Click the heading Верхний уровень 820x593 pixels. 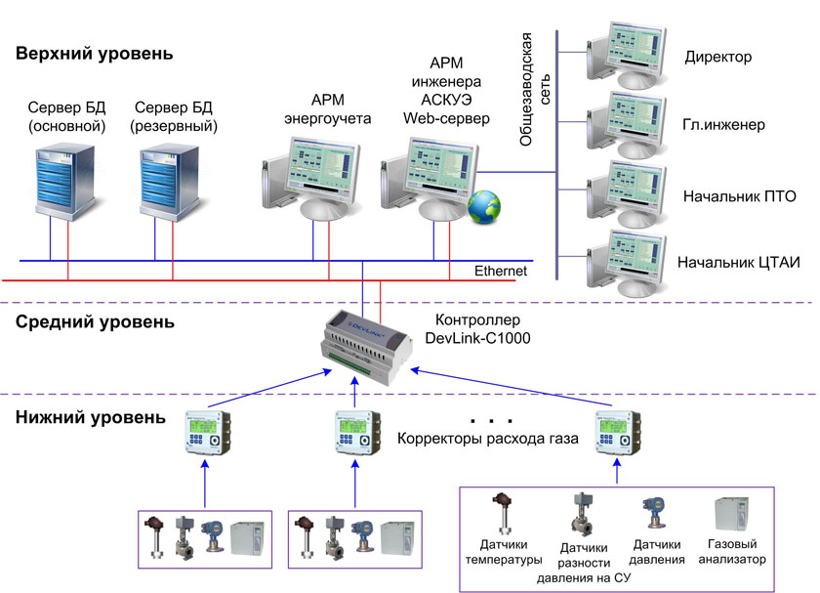click(95, 54)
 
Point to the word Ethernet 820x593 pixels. click(501, 271)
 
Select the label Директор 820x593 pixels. click(717, 57)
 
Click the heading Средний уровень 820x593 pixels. click(96, 321)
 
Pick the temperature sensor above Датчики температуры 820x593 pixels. click(504, 519)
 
